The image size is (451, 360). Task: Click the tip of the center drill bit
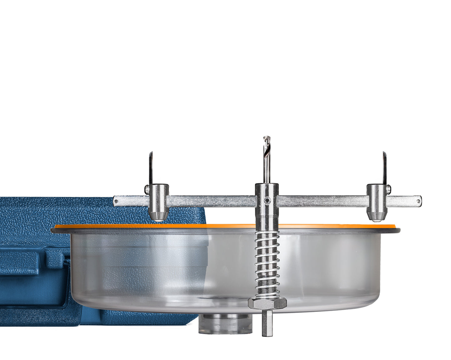(x=266, y=138)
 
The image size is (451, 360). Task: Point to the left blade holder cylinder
(x=159, y=197)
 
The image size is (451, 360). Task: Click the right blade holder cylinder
(x=376, y=197)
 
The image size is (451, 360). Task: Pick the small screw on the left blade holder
(x=146, y=189)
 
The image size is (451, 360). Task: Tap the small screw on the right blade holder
(x=389, y=189)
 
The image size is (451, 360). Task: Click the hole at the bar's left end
(x=116, y=201)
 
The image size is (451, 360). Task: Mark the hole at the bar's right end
(x=419, y=201)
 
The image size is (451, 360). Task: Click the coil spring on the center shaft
(x=267, y=262)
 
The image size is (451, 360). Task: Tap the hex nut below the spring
(x=267, y=303)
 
